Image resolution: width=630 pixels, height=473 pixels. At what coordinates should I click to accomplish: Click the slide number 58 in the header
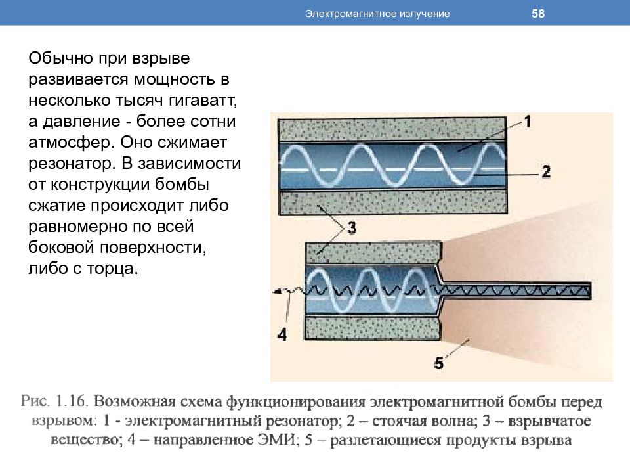pyautogui.click(x=538, y=13)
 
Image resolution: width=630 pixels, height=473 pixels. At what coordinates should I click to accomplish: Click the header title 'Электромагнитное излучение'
pyautogui.click(x=377, y=14)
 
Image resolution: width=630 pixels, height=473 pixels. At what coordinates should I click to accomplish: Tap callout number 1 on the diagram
pyautogui.click(x=528, y=122)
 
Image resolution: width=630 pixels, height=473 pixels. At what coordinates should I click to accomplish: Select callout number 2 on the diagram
pyautogui.click(x=546, y=171)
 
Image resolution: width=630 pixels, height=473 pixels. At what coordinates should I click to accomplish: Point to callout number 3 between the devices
pyautogui.click(x=352, y=228)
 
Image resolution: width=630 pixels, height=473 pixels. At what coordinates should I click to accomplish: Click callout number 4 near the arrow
pyautogui.click(x=282, y=334)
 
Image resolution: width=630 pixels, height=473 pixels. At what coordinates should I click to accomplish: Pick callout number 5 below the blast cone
pyautogui.click(x=439, y=363)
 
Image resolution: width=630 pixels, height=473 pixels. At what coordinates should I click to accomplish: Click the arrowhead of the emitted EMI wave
pyautogui.click(x=276, y=292)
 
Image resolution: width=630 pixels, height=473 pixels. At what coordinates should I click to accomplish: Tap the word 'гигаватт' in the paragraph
pyautogui.click(x=203, y=101)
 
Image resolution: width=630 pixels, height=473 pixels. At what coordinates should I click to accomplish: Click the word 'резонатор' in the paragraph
pyautogui.click(x=72, y=164)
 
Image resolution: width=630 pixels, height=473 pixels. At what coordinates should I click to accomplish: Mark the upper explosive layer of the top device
pyautogui.click(x=392, y=129)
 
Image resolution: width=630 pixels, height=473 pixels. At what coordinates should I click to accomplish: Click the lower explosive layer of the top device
pyautogui.click(x=393, y=202)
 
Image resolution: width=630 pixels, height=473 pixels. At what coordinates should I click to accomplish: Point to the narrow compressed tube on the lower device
pyautogui.click(x=516, y=290)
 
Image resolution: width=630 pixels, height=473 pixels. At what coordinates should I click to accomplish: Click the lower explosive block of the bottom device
pyautogui.click(x=373, y=328)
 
